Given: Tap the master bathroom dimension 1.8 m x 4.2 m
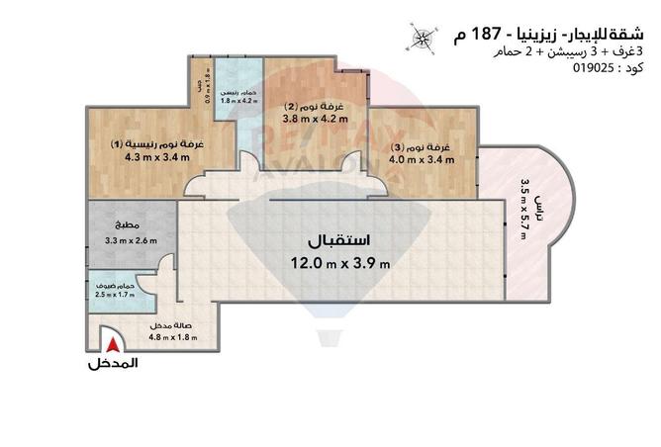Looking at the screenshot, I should coord(237,101).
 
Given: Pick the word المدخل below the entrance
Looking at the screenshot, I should coord(113,363).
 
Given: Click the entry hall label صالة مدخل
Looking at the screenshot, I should coord(169,326).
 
